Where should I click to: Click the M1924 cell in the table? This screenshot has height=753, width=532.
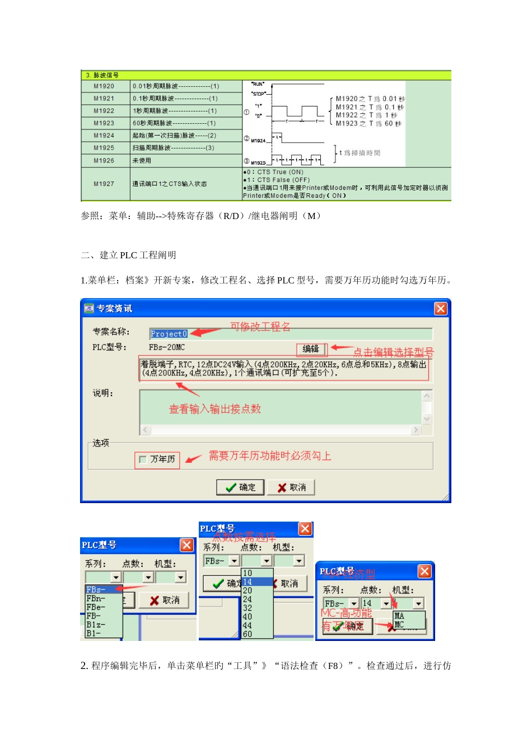(104, 136)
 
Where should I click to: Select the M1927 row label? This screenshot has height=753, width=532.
(104, 184)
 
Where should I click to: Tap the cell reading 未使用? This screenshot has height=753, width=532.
(142, 161)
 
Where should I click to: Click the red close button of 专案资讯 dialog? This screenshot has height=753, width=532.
(441, 309)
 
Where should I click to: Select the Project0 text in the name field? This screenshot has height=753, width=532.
(169, 334)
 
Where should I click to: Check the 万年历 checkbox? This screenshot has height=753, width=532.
(143, 459)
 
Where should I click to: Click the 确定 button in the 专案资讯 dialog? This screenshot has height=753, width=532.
(241, 487)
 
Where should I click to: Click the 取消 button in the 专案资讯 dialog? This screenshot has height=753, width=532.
(291, 487)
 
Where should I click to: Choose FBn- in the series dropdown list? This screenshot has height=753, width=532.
(96, 598)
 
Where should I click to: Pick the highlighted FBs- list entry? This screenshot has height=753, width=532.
(96, 589)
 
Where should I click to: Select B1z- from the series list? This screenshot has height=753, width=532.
(96, 625)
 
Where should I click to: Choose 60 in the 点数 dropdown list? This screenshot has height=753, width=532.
(248, 634)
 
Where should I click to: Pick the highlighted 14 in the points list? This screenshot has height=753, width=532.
(248, 582)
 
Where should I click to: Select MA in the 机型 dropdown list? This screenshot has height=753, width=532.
(399, 616)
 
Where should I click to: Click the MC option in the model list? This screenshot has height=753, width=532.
(399, 624)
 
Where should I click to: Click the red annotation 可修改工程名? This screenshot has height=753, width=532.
(260, 327)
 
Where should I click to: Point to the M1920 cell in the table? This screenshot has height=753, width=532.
(104, 86)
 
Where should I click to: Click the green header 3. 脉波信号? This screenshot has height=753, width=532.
(102, 75)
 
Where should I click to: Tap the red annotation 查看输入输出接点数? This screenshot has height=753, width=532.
(215, 409)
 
